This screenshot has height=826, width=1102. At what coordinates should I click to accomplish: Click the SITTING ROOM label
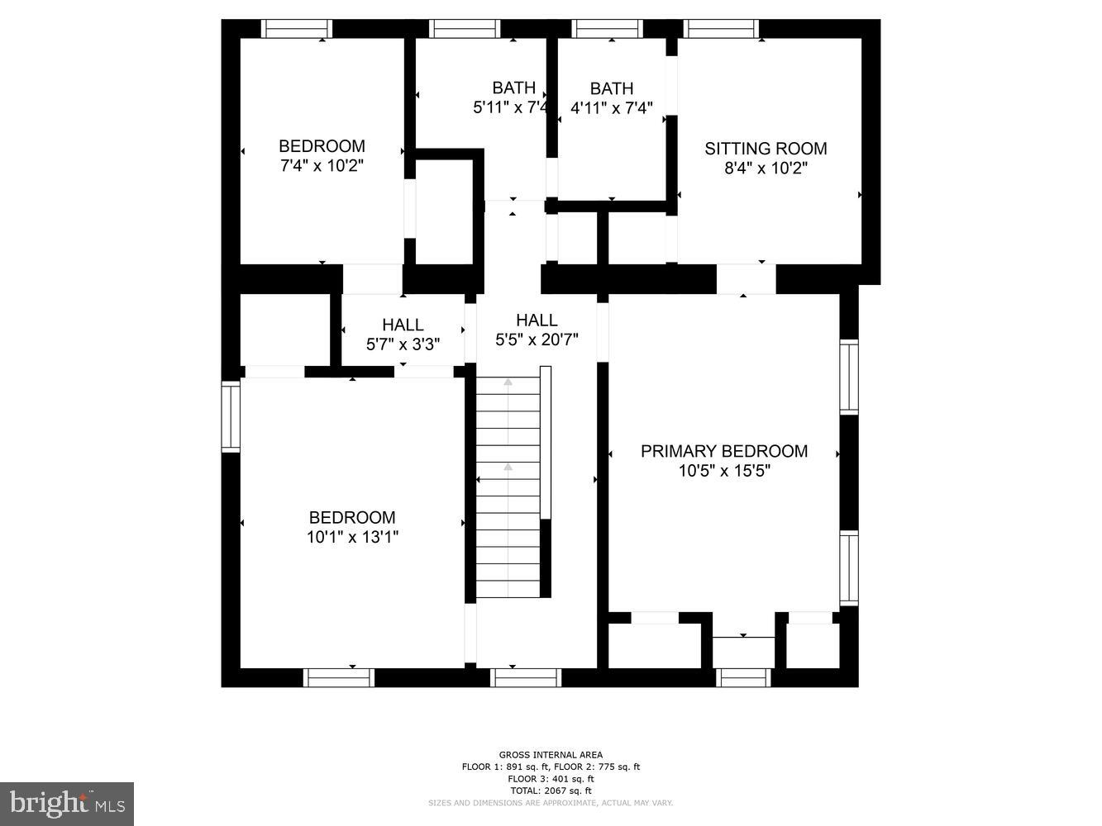(766, 149)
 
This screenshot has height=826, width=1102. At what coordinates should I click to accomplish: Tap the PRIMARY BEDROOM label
(724, 451)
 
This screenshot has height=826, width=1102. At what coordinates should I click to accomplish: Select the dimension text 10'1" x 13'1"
(352, 538)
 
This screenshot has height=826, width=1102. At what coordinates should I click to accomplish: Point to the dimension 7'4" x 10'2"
(322, 166)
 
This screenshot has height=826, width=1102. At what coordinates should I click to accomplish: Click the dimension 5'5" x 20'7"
(537, 339)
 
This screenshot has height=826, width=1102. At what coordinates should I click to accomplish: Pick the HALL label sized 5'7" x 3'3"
(403, 325)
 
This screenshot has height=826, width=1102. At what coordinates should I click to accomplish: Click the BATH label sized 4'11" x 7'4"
(612, 88)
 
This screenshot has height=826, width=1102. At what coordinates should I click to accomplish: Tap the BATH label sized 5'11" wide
(513, 88)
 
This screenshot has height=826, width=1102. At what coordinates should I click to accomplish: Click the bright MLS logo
(67, 804)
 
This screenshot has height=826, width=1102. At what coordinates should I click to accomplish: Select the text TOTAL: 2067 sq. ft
(551, 790)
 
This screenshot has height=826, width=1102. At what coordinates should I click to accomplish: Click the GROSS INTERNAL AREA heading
(551, 754)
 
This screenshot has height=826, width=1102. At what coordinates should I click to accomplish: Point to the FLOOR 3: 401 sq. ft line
(551, 779)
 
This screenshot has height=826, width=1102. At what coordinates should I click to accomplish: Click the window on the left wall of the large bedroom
(230, 415)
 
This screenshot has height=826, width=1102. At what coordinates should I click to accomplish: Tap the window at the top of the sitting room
(722, 29)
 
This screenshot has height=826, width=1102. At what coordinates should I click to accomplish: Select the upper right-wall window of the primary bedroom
(849, 377)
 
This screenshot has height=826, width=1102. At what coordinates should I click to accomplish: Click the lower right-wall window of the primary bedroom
(849, 568)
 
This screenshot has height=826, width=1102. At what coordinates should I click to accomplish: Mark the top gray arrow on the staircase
(508, 382)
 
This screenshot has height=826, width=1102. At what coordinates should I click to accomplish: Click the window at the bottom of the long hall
(527, 678)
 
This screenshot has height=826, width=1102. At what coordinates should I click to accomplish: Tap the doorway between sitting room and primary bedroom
(746, 279)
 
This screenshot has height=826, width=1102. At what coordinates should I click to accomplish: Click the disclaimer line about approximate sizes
(551, 803)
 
